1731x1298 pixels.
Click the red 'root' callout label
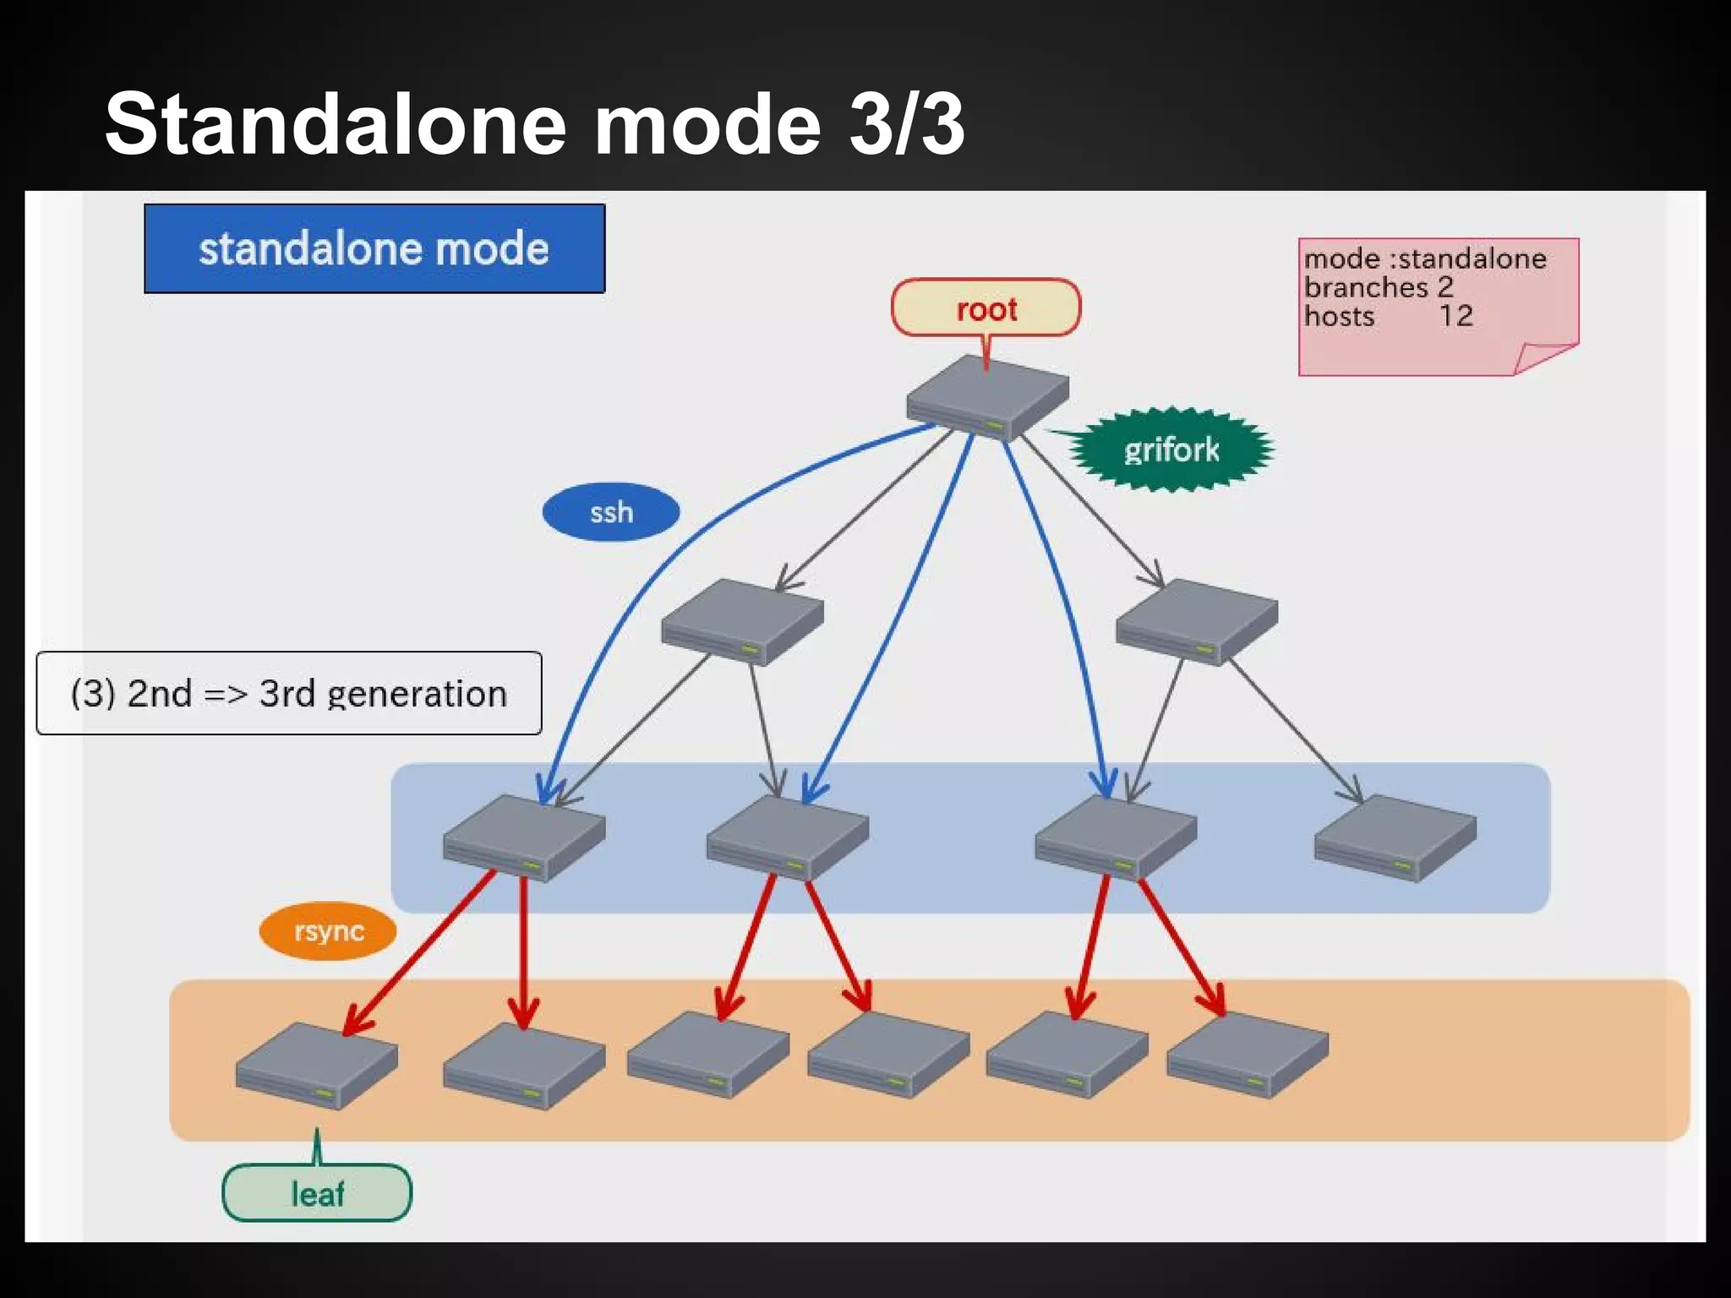coord(986,308)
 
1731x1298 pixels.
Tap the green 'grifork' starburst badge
coord(1171,450)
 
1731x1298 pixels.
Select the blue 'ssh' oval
coord(611,512)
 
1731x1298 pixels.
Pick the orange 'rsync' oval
coord(328,931)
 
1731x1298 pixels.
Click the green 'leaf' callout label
coord(317,1193)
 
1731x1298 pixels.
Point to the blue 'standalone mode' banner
coord(374,248)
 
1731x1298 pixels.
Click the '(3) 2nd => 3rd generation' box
coord(289,693)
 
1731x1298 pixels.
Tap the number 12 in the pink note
coord(1455,316)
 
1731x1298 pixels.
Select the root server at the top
coord(987,397)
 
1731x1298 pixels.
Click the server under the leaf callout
coord(317,1066)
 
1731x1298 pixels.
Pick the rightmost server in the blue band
coord(1395,838)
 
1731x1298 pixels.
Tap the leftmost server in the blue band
coord(524,838)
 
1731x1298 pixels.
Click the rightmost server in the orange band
coord(1248,1056)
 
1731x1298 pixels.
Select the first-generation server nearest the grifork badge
coord(1197,622)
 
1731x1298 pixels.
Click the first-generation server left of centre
coord(742,622)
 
